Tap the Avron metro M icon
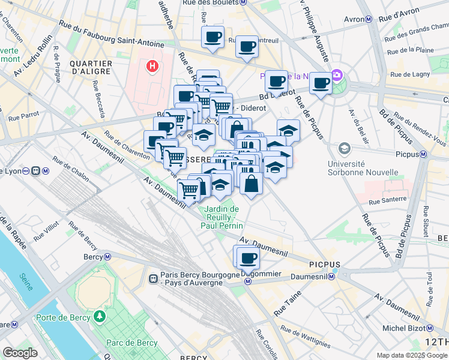click(369, 19)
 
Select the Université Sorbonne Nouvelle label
click(363, 168)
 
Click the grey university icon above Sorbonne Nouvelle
click(345, 148)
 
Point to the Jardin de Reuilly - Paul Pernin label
click(221, 217)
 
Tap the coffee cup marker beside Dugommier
click(247, 259)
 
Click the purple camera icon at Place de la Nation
click(337, 76)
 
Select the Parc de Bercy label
click(131, 343)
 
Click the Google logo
click(20, 353)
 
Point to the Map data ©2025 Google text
click(411, 355)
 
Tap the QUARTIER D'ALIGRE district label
click(91, 68)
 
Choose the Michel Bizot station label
click(402, 328)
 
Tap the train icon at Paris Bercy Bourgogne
click(154, 279)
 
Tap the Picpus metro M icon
click(423, 154)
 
